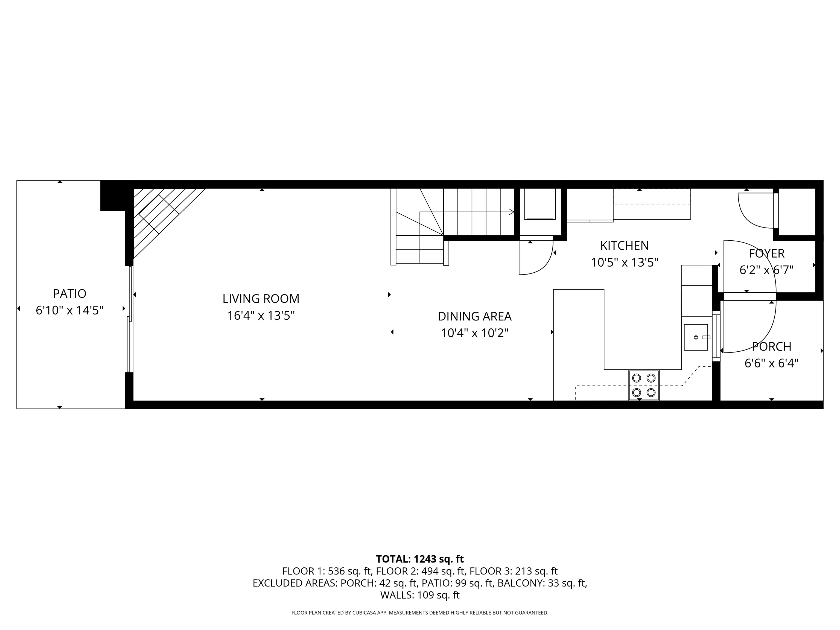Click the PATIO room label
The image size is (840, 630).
coord(69,294)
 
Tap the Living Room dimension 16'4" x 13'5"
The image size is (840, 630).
coord(261,316)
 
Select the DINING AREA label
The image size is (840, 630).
coord(474,316)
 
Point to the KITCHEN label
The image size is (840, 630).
coord(624,246)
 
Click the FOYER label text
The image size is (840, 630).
coord(766,253)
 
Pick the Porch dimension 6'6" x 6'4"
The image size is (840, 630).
coord(771,363)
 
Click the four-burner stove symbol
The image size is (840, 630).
coord(644,385)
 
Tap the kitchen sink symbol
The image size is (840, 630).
coord(696,337)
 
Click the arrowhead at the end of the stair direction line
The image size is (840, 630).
coord(511,212)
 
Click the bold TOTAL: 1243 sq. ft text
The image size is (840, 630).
coord(420,559)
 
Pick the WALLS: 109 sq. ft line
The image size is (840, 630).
coord(420,595)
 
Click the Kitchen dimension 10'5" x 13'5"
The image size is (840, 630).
coord(624,262)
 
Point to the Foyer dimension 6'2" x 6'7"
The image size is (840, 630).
coord(766,270)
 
